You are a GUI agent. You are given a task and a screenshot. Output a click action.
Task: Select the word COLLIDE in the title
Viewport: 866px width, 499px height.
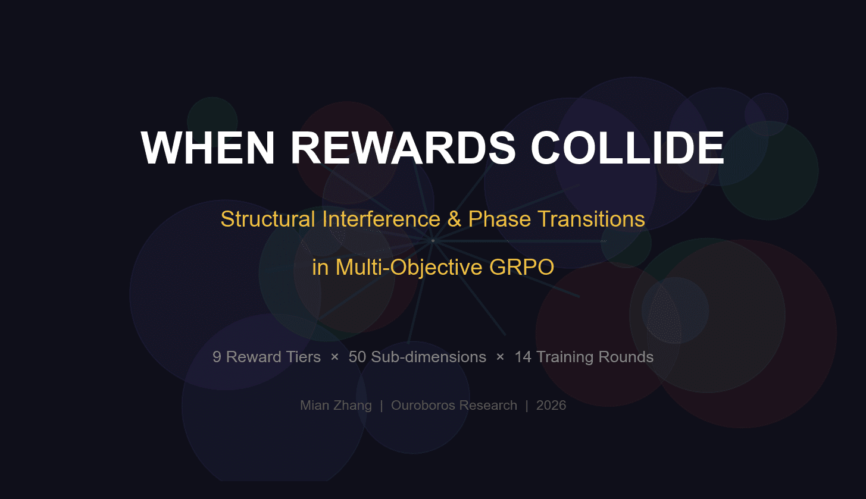(x=627, y=147)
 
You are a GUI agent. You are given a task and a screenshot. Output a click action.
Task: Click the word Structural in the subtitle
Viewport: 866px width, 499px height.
(x=268, y=219)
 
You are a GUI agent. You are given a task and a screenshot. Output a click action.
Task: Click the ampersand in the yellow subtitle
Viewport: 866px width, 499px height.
(x=455, y=219)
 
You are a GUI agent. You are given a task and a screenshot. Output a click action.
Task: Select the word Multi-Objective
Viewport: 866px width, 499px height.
(x=409, y=267)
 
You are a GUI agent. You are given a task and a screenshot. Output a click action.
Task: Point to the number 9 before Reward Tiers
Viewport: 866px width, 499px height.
(x=217, y=357)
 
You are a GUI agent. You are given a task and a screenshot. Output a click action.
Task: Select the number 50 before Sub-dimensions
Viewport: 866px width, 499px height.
(x=357, y=357)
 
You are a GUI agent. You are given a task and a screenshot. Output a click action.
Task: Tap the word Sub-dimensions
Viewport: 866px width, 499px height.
(x=429, y=357)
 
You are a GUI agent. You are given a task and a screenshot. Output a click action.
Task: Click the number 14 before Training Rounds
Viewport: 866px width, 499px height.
(x=523, y=357)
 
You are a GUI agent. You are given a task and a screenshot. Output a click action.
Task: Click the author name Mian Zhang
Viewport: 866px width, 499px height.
(x=336, y=406)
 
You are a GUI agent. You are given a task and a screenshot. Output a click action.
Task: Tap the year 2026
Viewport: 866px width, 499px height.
(x=551, y=406)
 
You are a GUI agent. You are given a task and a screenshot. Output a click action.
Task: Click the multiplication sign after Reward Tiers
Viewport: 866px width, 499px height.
(x=334, y=357)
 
